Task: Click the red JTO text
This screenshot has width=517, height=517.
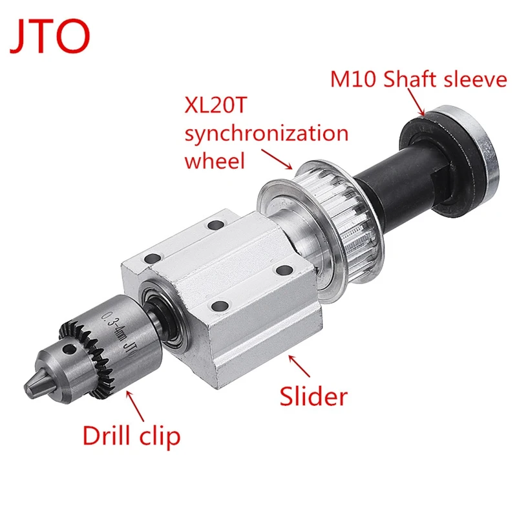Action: pyautogui.click(x=50, y=37)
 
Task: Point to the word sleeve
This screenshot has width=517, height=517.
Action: pyautogui.click(x=476, y=80)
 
